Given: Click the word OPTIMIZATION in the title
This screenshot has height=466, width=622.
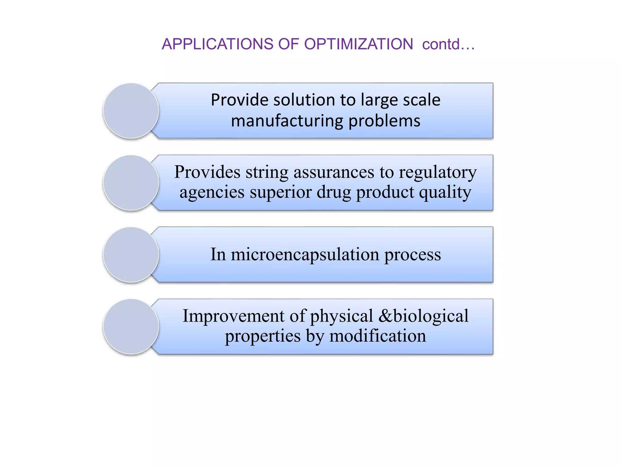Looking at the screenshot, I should click(358, 44).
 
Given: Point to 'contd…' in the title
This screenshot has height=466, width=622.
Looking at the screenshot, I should click(448, 44).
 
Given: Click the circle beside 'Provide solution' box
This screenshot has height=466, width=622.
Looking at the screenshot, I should click(131, 111).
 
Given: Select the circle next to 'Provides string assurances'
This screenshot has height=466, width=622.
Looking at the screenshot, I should click(131, 183).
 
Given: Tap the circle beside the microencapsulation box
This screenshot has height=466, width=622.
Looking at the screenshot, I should click(131, 255).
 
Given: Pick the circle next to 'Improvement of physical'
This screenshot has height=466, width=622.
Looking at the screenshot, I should click(131, 326).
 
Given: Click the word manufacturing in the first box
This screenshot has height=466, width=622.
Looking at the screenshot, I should click(287, 121).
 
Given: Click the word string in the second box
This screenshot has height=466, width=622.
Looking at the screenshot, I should click(267, 172).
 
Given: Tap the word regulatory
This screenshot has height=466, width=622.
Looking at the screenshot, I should click(438, 173).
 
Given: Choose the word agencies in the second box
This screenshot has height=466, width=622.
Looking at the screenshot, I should click(212, 192).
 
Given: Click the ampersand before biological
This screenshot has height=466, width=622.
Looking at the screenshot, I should click(385, 316).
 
